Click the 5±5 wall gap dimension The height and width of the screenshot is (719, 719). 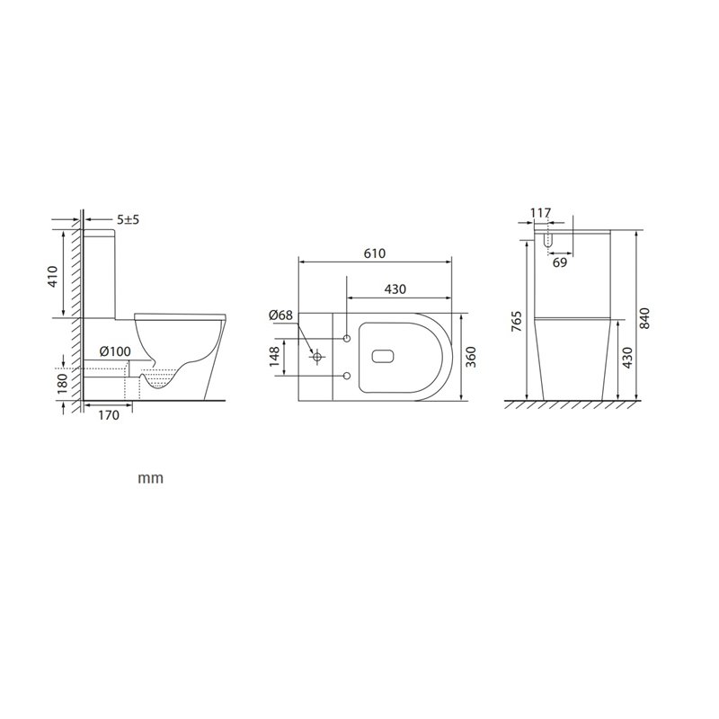pos(128,219)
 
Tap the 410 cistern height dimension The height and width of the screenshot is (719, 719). pos(53,276)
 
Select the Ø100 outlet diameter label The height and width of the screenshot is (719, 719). pos(115,351)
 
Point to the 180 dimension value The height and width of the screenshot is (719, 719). pos(63,384)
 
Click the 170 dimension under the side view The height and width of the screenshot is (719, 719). pos(109,415)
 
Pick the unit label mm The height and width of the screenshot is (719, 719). pos(150,478)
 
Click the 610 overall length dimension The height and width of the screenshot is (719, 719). pos(375,253)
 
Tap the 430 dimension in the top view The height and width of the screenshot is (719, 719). pos(395,288)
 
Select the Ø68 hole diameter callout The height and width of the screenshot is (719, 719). pos(280,315)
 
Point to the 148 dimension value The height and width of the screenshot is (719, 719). pos(274,356)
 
